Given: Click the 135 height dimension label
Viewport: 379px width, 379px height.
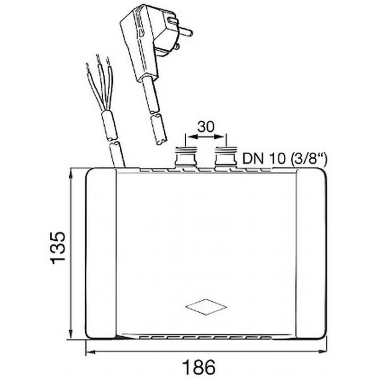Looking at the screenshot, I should coord(57,248).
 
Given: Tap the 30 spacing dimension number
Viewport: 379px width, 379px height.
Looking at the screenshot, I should coord(205,126).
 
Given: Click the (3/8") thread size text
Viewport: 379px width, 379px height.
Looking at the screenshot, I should coord(306,158).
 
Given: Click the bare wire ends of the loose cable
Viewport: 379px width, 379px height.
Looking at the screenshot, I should coord(98,66).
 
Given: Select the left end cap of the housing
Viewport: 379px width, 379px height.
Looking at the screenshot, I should coord(100,254).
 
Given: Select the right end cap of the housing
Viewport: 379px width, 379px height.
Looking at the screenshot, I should coord(310,254).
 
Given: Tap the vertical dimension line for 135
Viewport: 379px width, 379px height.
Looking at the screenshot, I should coord(71,254).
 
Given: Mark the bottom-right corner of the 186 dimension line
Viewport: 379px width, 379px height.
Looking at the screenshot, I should coord(326,352).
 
